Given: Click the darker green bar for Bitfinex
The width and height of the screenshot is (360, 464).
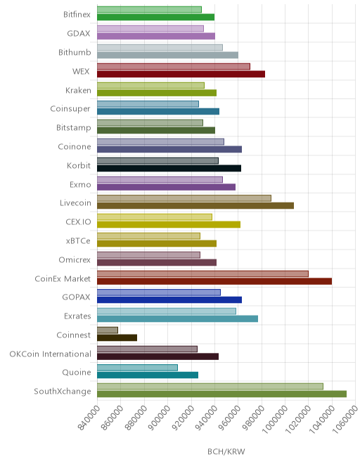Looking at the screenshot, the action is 155,17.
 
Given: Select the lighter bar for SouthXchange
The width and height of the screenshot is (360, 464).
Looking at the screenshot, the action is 210,387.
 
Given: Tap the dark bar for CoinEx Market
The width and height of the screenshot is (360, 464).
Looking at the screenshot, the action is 214,281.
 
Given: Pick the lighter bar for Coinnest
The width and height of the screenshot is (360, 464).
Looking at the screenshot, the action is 108,330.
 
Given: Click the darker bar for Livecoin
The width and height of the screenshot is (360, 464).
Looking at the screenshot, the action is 195,206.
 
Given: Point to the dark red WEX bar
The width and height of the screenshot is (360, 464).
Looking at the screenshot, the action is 181,74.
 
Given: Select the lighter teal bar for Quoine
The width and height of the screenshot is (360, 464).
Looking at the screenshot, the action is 137,368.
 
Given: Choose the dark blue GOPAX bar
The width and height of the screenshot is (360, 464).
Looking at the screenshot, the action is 169,299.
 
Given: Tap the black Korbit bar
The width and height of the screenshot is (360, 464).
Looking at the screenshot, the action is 169,169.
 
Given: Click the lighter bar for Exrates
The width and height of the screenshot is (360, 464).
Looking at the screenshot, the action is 167,311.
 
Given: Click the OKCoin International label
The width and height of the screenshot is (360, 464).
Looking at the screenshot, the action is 50,354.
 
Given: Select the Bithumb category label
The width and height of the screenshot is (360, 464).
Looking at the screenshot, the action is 75,53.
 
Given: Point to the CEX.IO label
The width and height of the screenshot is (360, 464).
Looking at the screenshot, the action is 78,222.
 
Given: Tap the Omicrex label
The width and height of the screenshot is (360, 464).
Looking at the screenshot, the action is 75,260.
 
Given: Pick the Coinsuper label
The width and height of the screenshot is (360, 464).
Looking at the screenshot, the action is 70,109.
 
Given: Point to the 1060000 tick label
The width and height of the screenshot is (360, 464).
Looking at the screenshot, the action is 345,419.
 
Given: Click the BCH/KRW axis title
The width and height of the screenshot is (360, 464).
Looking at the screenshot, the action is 226,451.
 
